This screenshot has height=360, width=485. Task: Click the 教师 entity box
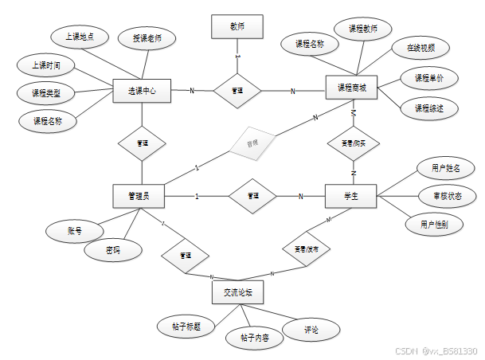(237, 26)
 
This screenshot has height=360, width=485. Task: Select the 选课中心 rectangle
(142, 91)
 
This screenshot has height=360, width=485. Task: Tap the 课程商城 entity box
(352, 88)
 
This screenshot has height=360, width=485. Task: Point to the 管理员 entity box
(143, 195)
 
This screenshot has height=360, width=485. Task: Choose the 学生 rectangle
(350, 196)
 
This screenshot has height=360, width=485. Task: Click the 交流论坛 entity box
(238, 293)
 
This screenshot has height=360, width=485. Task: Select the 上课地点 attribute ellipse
(78, 36)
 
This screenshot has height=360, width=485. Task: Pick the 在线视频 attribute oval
(420, 48)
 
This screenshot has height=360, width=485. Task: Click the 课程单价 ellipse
(428, 78)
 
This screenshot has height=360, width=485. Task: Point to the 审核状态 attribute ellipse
(448, 196)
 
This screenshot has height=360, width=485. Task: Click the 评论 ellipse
(311, 329)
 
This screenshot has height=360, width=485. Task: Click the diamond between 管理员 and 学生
(252, 196)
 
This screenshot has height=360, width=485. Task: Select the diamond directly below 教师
(237, 91)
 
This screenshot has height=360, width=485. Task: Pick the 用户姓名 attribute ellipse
(445, 168)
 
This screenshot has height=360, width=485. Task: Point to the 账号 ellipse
(74, 231)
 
